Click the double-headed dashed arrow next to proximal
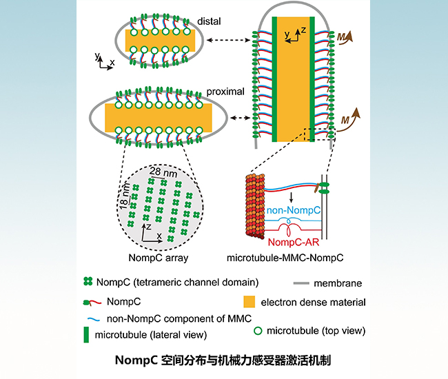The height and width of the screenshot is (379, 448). (240, 119)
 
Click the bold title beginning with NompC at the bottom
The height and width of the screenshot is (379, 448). (224, 358)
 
